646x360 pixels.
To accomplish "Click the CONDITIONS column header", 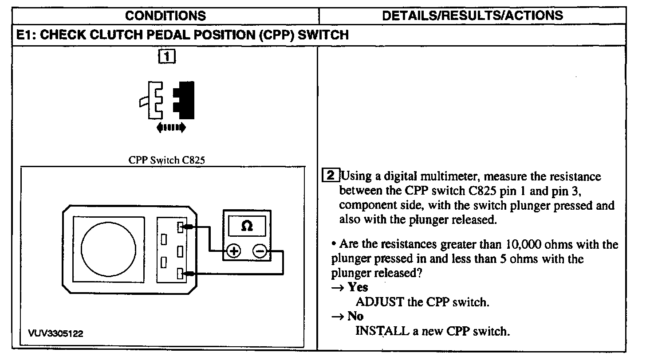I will point(165,16).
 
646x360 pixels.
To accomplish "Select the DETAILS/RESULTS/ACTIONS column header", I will point(472,16).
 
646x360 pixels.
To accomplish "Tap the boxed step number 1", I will point(166,57).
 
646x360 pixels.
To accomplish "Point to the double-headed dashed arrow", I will point(171,128).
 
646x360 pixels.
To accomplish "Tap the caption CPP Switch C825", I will point(166,160).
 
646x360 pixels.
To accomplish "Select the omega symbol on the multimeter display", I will point(247,226).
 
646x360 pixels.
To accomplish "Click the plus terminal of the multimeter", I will point(233,251).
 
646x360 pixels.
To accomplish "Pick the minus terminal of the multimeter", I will point(260,251).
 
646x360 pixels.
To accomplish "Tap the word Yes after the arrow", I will point(358,287).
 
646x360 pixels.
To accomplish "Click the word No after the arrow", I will point(355,316).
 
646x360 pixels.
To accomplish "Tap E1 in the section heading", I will point(26,35).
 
